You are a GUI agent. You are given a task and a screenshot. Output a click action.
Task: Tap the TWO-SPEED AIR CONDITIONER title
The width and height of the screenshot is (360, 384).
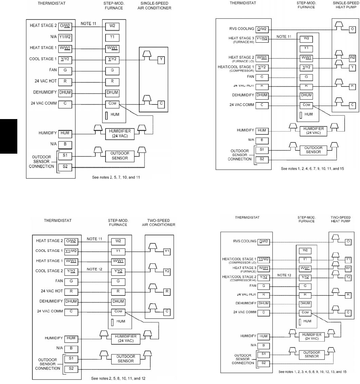[x=158, y=222]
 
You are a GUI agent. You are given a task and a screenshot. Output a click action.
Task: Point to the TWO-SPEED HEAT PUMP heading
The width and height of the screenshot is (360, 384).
[x=340, y=219]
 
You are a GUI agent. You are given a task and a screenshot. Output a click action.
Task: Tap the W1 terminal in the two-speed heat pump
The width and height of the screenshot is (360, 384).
[x=348, y=268]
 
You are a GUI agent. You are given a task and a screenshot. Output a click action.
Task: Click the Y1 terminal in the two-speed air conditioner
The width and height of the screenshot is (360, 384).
[x=167, y=251]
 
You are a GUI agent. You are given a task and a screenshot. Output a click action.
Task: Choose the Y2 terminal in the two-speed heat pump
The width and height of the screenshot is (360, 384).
[x=348, y=277]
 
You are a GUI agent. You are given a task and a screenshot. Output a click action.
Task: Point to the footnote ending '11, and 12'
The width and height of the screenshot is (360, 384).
[x=119, y=378]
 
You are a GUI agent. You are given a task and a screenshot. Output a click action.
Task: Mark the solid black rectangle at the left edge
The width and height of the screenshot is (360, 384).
[x=8, y=136]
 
